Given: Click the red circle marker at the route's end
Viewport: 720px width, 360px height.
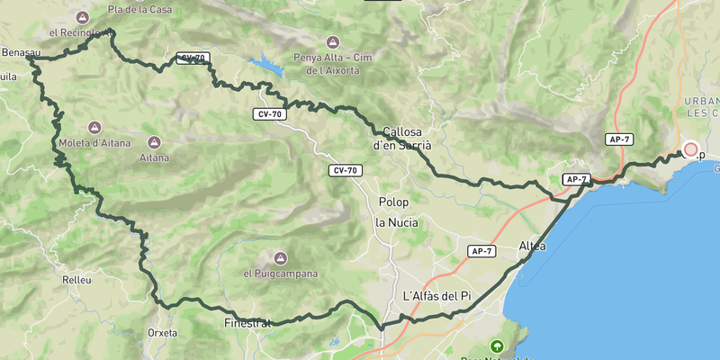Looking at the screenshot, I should pyautogui.click(x=690, y=150).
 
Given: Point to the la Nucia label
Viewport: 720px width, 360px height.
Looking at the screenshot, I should pyautogui.click(x=396, y=222).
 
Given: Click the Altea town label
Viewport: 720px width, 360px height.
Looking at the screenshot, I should pyautogui.click(x=533, y=246).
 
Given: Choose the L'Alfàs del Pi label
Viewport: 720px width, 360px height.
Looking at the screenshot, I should pyautogui.click(x=436, y=296).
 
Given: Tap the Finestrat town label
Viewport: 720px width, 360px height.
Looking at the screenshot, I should pyautogui.click(x=247, y=322).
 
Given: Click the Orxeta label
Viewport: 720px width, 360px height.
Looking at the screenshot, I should pyautogui.click(x=162, y=332).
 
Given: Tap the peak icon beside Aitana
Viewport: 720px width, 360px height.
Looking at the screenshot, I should pyautogui.click(x=154, y=143).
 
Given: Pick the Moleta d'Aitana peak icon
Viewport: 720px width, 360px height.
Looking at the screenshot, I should pyautogui.click(x=94, y=128).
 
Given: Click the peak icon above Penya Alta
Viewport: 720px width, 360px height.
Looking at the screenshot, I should pyautogui.click(x=332, y=42).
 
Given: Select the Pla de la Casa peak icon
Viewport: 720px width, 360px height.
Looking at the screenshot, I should pyautogui.click(x=84, y=16).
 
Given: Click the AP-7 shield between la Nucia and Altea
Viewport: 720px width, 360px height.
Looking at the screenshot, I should pyautogui.click(x=481, y=250).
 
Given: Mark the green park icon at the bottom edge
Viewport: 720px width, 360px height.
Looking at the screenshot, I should pyautogui.click(x=496, y=346).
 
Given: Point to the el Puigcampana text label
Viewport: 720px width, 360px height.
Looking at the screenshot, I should pyautogui.click(x=281, y=274).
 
